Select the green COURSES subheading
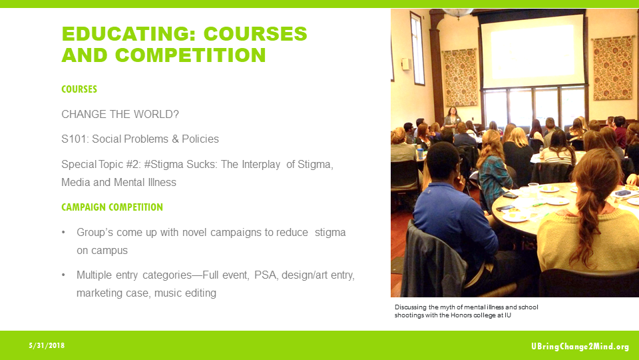point(79,89)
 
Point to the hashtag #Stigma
point(178,164)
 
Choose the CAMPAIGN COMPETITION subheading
point(112,207)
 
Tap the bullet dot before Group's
point(64,232)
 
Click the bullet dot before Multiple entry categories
point(64,275)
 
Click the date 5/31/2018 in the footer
point(47,345)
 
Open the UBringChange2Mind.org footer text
point(580,346)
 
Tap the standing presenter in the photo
point(453,119)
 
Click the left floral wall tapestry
point(460,77)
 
